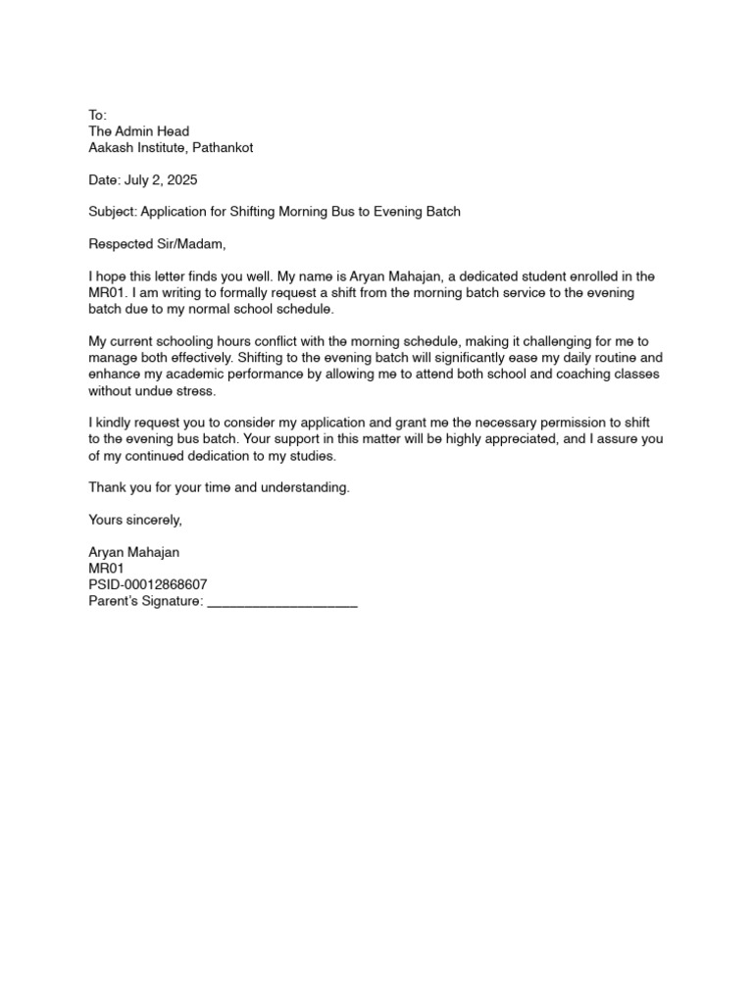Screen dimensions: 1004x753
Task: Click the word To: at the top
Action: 98,115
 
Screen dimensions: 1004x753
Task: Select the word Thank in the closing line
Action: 106,487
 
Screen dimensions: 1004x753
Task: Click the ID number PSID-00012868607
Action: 148,584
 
